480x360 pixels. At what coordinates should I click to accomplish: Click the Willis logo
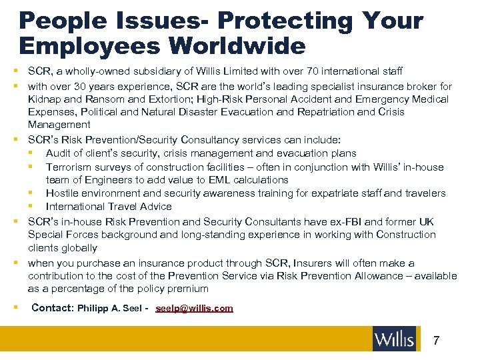(x=395, y=339)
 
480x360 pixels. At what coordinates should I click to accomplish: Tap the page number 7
(x=436, y=341)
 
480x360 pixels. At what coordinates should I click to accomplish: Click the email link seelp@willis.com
(x=194, y=308)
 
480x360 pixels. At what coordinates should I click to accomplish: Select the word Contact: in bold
(x=52, y=308)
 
